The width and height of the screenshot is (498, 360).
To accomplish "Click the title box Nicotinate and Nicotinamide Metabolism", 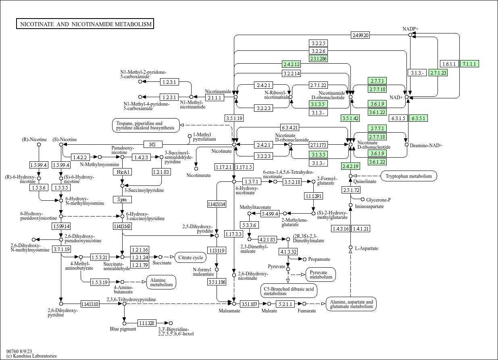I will click(x=85, y=24).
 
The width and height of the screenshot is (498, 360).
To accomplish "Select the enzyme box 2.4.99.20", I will click(x=360, y=35).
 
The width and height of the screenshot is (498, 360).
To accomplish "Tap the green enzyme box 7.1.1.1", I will click(x=469, y=64).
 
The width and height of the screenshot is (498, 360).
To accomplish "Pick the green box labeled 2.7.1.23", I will click(x=438, y=73).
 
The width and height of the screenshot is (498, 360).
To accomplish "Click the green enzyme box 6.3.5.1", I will click(x=418, y=118).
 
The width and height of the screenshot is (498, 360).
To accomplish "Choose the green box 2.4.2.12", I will click(x=292, y=64).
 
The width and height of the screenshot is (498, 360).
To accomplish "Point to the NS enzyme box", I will click(x=152, y=144).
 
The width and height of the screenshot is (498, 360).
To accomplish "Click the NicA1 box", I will click(x=122, y=172).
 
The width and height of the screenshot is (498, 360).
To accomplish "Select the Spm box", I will click(x=122, y=200).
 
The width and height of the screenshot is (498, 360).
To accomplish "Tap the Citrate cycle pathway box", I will click(x=190, y=257).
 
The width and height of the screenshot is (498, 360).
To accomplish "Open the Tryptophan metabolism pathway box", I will click(x=408, y=176).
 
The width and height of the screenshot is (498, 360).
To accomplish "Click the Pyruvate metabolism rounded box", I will click(x=321, y=274).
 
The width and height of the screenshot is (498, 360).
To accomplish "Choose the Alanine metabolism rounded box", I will click(x=161, y=282).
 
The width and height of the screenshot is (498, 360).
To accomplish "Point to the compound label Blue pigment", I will click(x=123, y=329).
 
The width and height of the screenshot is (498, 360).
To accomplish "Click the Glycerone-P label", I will click(x=378, y=200).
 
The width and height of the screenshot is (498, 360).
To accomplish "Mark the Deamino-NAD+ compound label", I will click(x=426, y=145).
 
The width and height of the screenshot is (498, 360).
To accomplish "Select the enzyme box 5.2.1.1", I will click(x=285, y=304).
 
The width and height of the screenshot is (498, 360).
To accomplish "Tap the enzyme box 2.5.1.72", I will click(x=351, y=190).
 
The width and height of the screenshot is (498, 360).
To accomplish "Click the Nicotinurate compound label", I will click(x=198, y=175).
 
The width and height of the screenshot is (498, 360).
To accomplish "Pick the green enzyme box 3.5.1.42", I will click(x=350, y=118).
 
